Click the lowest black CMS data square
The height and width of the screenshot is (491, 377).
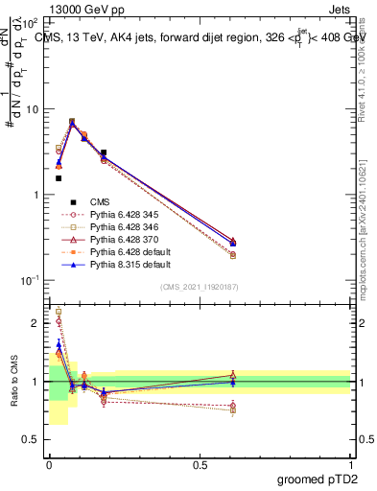[x=59, y=178]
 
